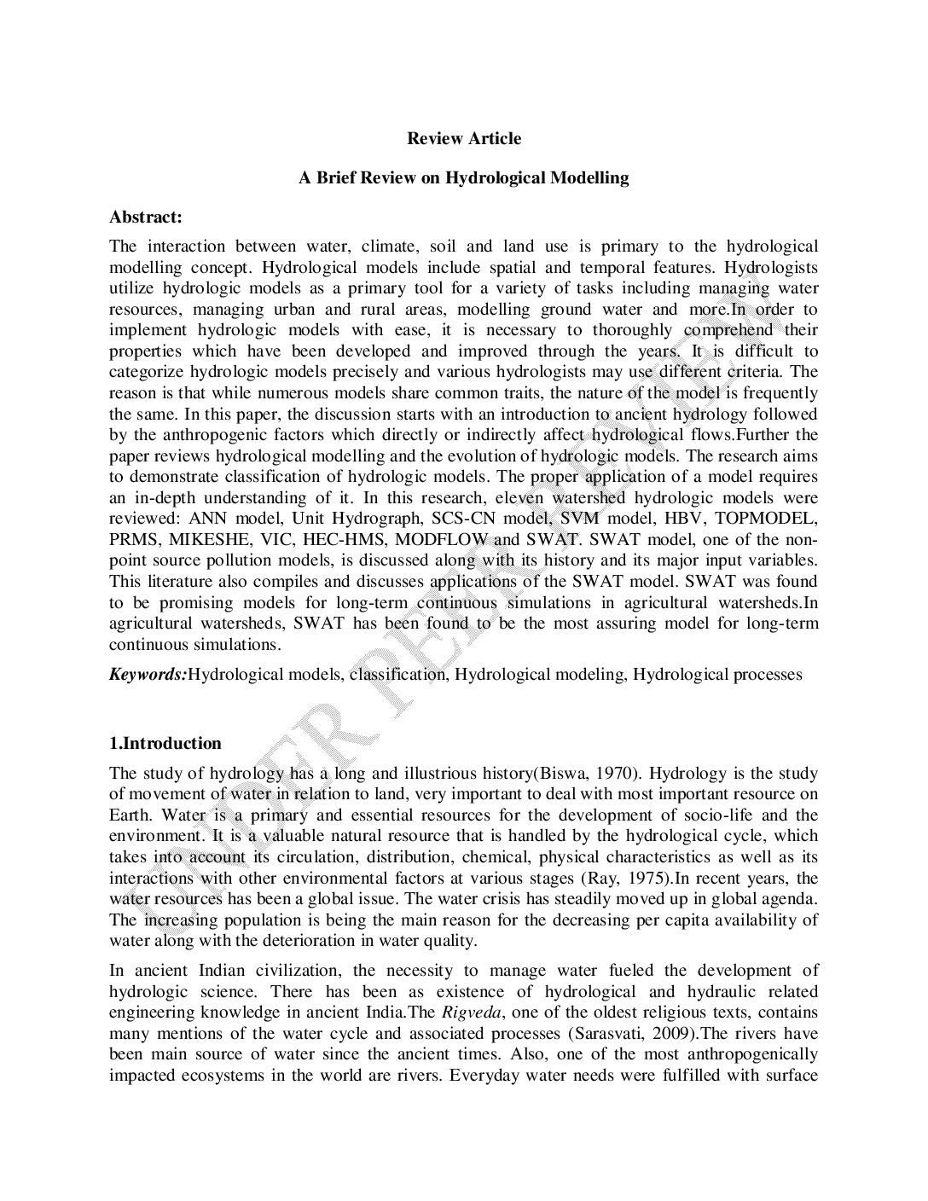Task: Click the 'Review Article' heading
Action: [463, 138]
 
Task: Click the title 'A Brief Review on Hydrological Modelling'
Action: [463, 178]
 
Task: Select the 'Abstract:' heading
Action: [146, 218]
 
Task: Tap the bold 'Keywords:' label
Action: [148, 675]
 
